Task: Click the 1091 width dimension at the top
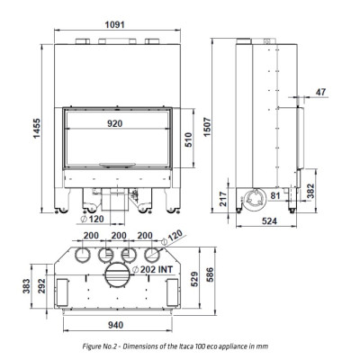pos(114,24)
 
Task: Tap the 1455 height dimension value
pos(37,129)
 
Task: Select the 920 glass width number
pos(115,123)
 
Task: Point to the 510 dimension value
pos(189,139)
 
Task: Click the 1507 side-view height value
pos(207,127)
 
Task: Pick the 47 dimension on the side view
pos(320,92)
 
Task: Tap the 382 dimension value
pos(310,191)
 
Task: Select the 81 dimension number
pos(275,195)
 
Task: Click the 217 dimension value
pos(223,199)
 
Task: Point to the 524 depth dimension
pos(269,221)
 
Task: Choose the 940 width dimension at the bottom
pos(115,325)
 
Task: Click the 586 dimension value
pos(210,274)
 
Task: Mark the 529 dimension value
pos(195,279)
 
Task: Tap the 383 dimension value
pos(26,286)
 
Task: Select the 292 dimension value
pos(41,286)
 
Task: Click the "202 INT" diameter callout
pos(153,269)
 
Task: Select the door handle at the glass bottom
pos(118,164)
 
